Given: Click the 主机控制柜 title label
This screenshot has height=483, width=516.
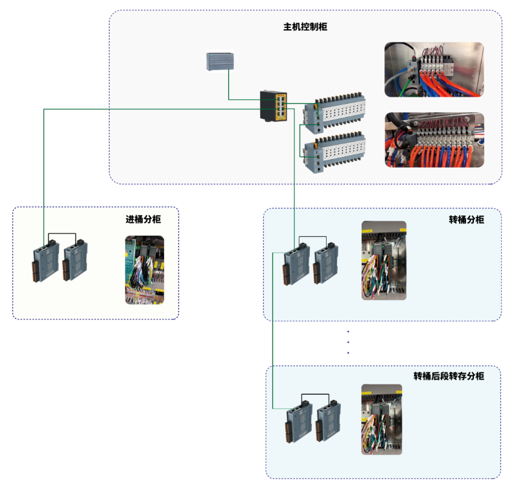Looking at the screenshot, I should (305, 27).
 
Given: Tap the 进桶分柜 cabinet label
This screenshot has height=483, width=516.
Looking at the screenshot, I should (143, 219).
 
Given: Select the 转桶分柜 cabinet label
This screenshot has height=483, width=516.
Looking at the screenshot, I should (466, 219).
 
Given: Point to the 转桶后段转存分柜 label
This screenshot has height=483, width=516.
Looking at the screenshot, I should (449, 376).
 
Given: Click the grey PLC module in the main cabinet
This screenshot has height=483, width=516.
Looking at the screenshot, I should (220, 61).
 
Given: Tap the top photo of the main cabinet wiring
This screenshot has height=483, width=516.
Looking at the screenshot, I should (434, 69).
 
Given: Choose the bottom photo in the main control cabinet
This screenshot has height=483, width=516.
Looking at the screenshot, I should (434, 140).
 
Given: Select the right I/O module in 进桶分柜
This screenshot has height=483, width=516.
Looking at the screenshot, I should (75, 260).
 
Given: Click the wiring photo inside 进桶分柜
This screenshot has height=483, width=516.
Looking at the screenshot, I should (144, 269).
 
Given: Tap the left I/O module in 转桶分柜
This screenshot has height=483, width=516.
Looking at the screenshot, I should (295, 263).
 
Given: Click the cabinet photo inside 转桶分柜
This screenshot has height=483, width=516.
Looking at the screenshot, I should (384, 260).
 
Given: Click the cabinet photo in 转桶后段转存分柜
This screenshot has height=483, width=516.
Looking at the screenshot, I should (382, 419).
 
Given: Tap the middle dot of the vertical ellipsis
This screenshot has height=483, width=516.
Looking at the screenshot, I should (349, 342).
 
